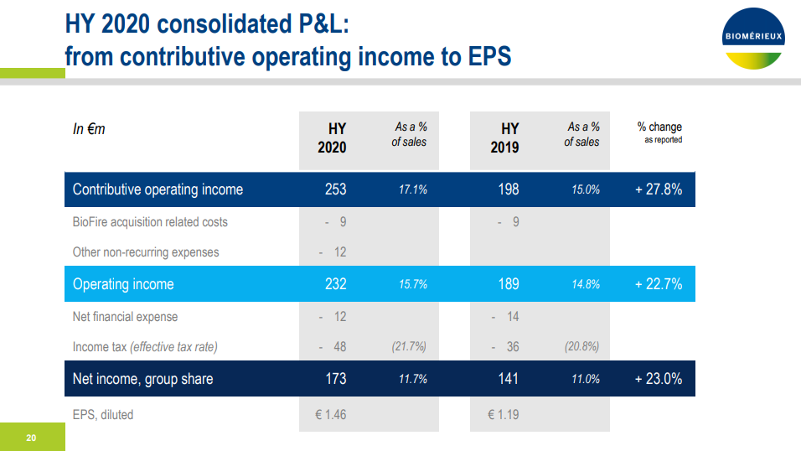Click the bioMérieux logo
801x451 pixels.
pos(752,38)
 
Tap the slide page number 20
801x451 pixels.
pos(31,437)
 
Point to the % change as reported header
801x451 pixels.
pos(659,132)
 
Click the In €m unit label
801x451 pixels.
pos(89,129)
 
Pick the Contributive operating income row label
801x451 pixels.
pos(158,189)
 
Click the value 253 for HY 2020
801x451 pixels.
pos(335,189)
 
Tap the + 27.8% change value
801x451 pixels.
pos(658,189)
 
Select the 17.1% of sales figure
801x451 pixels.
pos(412,190)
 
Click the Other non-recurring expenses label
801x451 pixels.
pos(146,252)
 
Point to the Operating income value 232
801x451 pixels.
pos(335,284)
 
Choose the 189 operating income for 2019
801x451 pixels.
pos(509,284)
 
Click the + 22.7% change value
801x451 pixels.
pos(658,284)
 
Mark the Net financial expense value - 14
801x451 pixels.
pos(508,317)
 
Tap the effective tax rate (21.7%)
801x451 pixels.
pos(409,347)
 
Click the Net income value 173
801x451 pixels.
pos(335,379)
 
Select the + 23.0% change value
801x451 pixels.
pos(658,379)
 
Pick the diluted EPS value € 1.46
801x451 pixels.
pos(330,414)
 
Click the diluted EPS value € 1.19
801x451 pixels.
pos(503,414)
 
